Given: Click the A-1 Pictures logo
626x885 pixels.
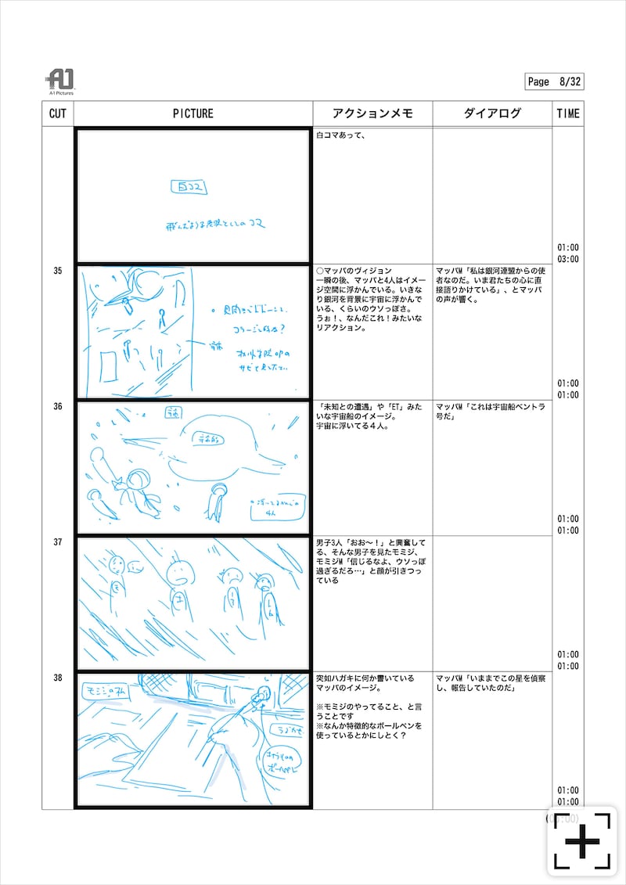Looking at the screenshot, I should tap(59, 81).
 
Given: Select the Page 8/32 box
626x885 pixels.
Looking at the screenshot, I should tap(554, 81).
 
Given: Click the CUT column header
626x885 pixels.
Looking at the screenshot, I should tap(57, 113).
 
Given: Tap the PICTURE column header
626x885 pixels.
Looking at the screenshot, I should tap(192, 113).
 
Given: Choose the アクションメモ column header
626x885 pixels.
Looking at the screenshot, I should tap(372, 113).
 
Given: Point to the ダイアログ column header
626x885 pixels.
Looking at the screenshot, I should tap(491, 113).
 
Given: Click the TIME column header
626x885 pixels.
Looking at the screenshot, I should tap(568, 113).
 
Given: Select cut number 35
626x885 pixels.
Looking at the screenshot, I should tap(57, 271).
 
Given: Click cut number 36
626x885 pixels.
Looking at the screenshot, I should tap(57, 406).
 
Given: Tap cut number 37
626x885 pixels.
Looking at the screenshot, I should tap(57, 541).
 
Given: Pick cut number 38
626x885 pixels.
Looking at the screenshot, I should tap(57, 678).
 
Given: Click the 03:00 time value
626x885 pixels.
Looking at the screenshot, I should tap(568, 259).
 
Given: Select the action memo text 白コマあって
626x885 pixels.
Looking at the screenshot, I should tap(342, 135).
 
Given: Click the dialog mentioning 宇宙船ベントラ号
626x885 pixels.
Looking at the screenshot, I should tap(490, 412).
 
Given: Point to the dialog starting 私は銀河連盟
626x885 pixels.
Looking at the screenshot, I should tap(490, 282).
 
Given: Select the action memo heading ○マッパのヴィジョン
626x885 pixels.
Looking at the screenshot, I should tap(353, 271).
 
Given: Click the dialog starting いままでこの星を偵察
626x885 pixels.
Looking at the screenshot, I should tap(490, 683).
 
